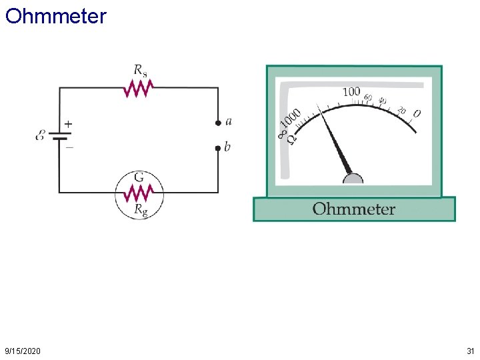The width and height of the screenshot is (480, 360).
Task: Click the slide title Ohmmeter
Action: click(55, 16)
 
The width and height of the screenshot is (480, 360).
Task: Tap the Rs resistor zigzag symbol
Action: click(139, 87)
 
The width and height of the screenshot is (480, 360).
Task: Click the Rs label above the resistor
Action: click(141, 70)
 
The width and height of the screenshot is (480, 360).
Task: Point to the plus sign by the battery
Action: click(68, 124)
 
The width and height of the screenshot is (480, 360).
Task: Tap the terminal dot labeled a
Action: click(217, 123)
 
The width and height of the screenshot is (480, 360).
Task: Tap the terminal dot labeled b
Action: click(217, 148)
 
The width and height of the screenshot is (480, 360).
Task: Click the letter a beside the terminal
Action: click(229, 121)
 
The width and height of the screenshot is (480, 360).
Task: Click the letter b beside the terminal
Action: click(227, 147)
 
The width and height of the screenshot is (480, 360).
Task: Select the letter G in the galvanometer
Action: click(140, 178)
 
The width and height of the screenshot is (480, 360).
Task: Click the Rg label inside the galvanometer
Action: click(141, 209)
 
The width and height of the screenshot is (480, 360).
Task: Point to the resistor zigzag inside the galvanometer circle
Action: click(139, 193)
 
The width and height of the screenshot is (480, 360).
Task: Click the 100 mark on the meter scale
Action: click(351, 91)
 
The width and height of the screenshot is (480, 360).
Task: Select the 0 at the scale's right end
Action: click(417, 113)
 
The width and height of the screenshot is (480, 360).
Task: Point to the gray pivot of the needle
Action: click(353, 179)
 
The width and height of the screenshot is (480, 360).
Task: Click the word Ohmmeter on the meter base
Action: click(354, 209)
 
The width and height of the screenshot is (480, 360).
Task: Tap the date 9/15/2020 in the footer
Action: click(22, 351)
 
